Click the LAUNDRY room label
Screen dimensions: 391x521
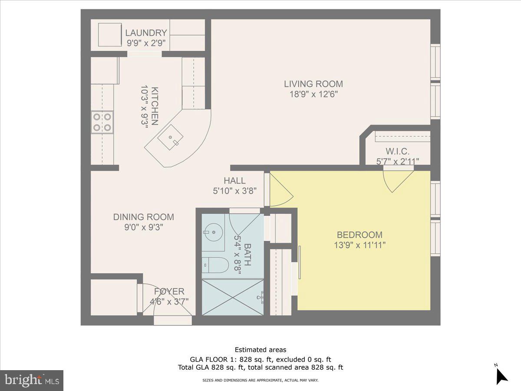coord(146,33)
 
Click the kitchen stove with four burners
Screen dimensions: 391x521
coord(102,122)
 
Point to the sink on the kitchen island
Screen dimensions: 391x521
coord(170,138)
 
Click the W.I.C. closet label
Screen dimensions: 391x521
coord(397,152)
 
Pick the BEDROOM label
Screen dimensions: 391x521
coord(359,235)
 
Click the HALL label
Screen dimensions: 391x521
coord(234,181)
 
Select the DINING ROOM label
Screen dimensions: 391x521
coord(143,217)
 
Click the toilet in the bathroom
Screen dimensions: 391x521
coord(215,265)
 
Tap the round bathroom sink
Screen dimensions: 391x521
coord(213,232)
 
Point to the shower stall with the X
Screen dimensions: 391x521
coord(233,297)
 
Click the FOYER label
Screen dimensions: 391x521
coord(169,292)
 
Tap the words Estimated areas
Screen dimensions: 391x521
coord(260,350)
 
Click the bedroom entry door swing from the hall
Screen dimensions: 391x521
coord(280,189)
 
